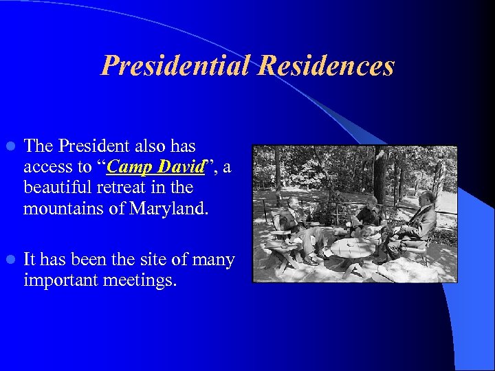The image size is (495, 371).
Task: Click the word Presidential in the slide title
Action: point(175,66)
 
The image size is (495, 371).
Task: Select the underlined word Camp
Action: point(131,167)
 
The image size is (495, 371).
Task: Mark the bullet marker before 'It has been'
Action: point(10,260)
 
